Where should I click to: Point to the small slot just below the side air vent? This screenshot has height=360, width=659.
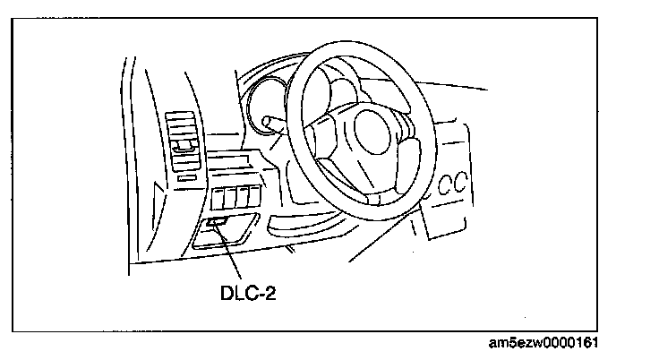click(186, 177)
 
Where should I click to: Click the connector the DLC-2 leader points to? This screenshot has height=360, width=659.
click(217, 220)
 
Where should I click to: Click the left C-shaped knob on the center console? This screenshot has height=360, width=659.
click(445, 185)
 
